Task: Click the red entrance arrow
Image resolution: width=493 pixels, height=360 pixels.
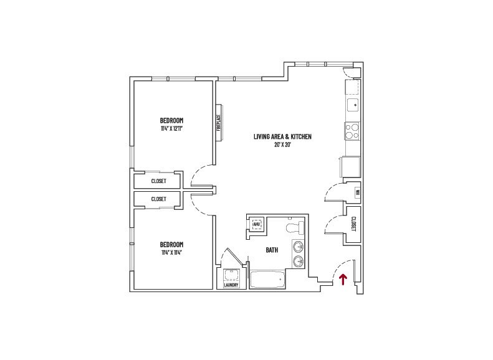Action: click(x=342, y=280)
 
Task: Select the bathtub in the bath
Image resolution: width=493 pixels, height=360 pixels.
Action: click(x=267, y=279)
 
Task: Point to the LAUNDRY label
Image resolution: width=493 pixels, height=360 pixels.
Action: click(x=231, y=285)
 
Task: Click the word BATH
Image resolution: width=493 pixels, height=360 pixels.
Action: click(x=272, y=250)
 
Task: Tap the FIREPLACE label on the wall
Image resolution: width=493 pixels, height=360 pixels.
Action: click(x=219, y=122)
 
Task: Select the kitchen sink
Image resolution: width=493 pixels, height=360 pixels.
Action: click(x=353, y=105)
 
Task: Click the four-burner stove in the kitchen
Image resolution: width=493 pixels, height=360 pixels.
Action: click(x=353, y=130)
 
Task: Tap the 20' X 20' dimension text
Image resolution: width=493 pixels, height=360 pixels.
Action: click(x=282, y=144)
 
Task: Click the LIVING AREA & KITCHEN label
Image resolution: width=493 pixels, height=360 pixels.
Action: click(x=282, y=136)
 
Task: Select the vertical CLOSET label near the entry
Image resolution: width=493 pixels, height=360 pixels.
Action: click(x=353, y=223)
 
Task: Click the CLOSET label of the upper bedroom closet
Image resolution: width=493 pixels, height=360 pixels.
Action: click(x=159, y=181)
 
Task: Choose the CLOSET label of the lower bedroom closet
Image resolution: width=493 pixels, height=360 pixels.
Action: click(x=159, y=199)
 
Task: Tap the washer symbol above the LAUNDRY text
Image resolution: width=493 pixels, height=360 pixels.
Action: click(x=231, y=275)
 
